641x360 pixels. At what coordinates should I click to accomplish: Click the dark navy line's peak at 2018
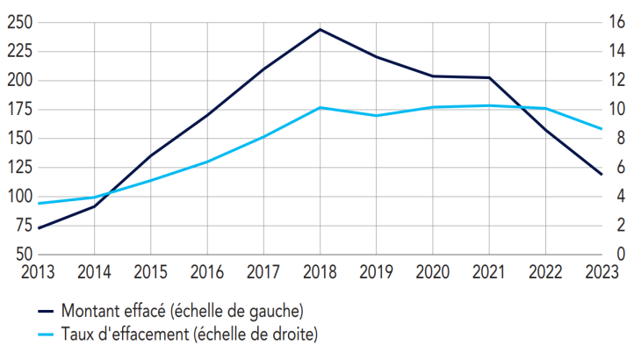pyautogui.click(x=320, y=29)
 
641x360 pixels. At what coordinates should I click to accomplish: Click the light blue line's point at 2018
pyautogui.click(x=320, y=107)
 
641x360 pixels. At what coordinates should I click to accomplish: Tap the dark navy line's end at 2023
pyautogui.click(x=601, y=174)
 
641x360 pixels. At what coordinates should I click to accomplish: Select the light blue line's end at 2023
pyautogui.click(x=601, y=129)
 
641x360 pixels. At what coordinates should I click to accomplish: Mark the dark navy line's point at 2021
pyautogui.click(x=489, y=78)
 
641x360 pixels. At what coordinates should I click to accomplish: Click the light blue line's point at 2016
pyautogui.click(x=207, y=162)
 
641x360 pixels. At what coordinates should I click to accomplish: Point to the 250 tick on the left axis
pyautogui.click(x=18, y=22)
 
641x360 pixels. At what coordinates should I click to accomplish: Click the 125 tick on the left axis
pyautogui.click(x=18, y=168)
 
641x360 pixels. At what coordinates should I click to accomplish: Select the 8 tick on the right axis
pyautogui.click(x=621, y=139)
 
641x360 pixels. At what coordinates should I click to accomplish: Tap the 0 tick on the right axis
pyautogui.click(x=621, y=255)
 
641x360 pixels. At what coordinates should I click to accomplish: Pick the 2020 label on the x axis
pyautogui.click(x=432, y=272)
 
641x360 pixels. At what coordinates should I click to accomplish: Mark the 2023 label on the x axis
pyautogui.click(x=601, y=272)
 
